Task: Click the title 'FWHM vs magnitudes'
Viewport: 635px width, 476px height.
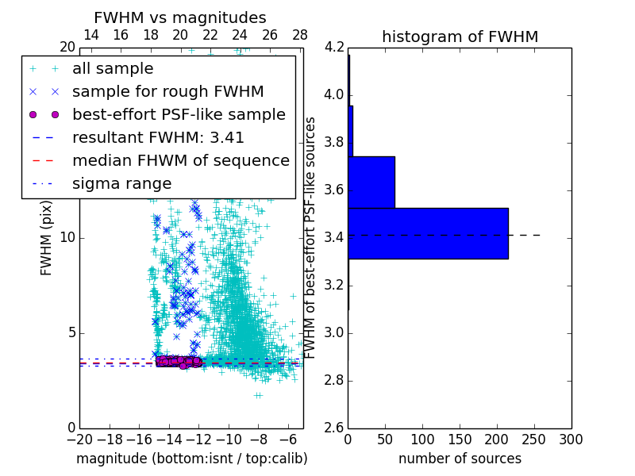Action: [179, 17]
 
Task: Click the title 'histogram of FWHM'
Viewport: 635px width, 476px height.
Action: [460, 36]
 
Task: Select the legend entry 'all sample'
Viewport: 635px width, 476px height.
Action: [113, 69]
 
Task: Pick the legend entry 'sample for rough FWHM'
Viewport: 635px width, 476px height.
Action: [167, 91]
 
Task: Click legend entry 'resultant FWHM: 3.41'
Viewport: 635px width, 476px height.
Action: [158, 137]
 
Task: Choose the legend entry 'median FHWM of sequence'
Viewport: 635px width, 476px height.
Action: [180, 160]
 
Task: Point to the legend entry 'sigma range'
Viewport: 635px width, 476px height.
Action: [121, 183]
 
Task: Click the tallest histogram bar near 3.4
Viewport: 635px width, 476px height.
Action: [428, 233]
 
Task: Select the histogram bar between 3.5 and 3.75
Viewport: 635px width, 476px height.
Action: [371, 182]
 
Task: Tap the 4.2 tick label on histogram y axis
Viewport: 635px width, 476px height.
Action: [334, 48]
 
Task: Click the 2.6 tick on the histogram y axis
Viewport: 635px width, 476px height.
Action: [334, 428]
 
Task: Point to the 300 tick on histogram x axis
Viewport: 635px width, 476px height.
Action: [571, 440]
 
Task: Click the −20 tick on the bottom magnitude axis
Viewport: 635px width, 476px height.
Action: [79, 440]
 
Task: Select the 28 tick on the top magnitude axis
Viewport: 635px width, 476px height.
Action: [300, 35]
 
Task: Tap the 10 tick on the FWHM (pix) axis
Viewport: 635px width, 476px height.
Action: [67, 237]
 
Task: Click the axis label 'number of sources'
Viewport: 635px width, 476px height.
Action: [460, 459]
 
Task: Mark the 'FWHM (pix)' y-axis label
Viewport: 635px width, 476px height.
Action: [47, 237]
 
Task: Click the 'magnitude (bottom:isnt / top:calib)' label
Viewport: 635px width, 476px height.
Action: [191, 459]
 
